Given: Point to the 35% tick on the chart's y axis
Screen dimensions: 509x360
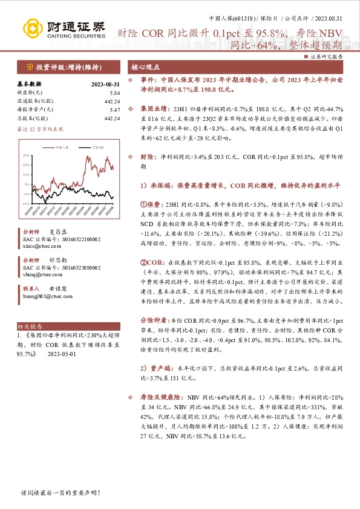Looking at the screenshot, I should [27, 156].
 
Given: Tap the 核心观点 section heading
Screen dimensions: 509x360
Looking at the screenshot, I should [146, 67].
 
